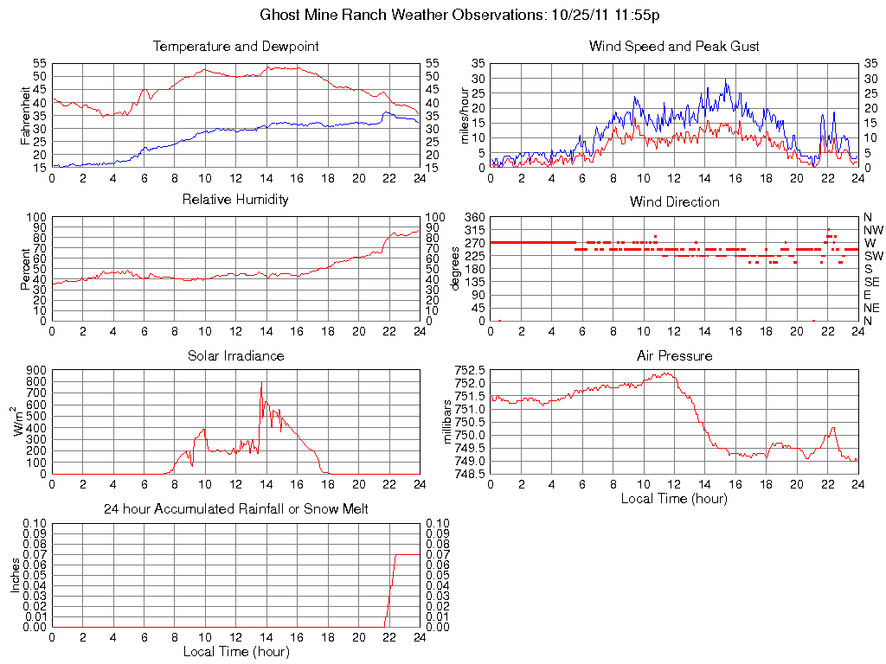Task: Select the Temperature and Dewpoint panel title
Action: coord(235,46)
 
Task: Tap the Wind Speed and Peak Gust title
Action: coord(674,46)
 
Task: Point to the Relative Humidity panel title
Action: coord(235,200)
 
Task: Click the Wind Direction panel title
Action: coord(674,201)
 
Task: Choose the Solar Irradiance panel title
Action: coord(235,355)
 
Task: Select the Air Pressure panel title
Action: coord(674,355)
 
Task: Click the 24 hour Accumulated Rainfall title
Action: coord(235,509)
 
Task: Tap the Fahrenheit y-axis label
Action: coord(26,116)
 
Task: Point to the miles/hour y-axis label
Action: coord(464,116)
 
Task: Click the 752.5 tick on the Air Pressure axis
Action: coord(470,370)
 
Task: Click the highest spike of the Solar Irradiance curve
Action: coord(261,382)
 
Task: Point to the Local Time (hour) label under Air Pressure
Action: coord(674,499)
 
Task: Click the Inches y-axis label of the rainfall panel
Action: coord(15,575)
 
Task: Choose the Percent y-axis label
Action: coord(26,268)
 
